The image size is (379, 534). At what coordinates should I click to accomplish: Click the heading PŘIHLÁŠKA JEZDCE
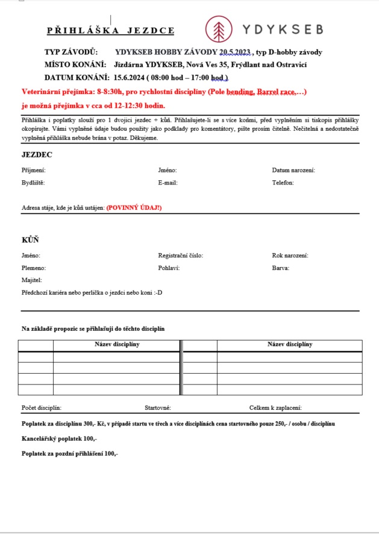(x=111, y=30)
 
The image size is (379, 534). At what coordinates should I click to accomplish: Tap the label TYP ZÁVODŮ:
(x=70, y=52)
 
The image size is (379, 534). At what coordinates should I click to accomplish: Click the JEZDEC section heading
(x=37, y=155)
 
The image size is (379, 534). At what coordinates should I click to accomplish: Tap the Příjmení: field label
(x=34, y=171)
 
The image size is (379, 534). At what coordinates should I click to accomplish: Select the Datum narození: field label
(x=293, y=171)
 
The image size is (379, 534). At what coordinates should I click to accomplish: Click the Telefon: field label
(x=283, y=183)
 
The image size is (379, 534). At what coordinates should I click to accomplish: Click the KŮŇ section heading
(x=30, y=240)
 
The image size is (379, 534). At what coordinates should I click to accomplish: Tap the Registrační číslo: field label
(x=181, y=256)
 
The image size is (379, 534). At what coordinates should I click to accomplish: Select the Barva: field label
(x=281, y=268)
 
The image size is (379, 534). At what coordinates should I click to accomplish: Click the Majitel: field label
(x=32, y=280)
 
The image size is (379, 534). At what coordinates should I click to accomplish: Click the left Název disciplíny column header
(x=117, y=344)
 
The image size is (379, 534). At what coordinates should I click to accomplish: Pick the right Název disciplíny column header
(x=290, y=344)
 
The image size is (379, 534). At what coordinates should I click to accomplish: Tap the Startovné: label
(x=158, y=408)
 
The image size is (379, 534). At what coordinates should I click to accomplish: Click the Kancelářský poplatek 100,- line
(x=60, y=439)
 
